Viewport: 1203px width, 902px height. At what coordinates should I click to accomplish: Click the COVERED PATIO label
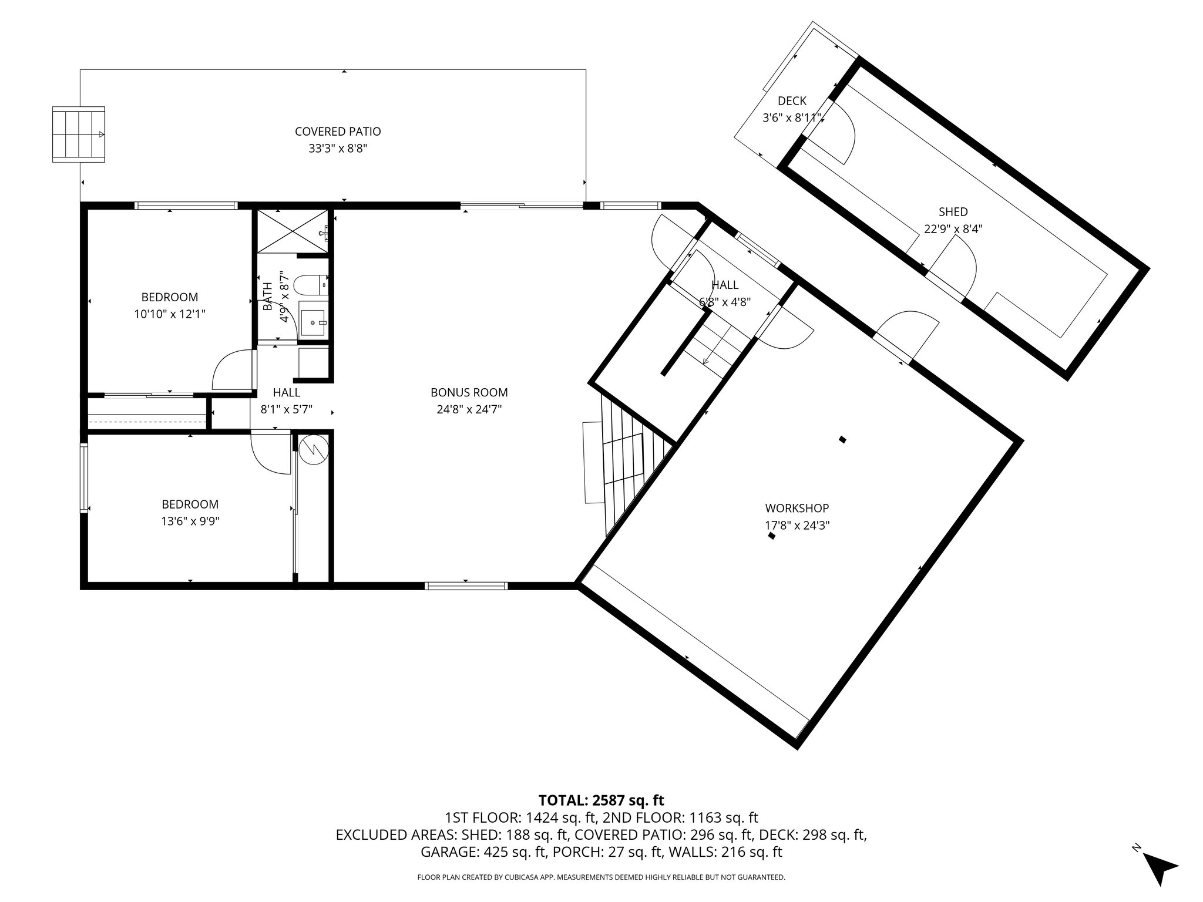[338, 132]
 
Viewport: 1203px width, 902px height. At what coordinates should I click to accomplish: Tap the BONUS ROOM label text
[469, 392]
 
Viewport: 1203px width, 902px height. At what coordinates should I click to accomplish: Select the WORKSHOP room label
[797, 508]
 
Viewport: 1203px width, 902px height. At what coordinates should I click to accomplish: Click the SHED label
[953, 212]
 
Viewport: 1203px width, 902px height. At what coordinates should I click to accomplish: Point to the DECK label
[792, 101]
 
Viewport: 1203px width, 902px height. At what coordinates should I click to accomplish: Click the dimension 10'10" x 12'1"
[169, 314]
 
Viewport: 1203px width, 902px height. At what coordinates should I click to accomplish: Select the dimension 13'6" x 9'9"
[190, 521]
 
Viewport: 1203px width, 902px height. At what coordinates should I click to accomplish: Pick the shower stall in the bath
[292, 231]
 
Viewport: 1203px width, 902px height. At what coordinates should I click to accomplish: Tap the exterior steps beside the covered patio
[79, 134]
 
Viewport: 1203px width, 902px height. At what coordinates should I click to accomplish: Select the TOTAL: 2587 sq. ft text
[601, 800]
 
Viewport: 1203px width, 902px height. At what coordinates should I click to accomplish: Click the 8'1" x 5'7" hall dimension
[286, 409]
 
